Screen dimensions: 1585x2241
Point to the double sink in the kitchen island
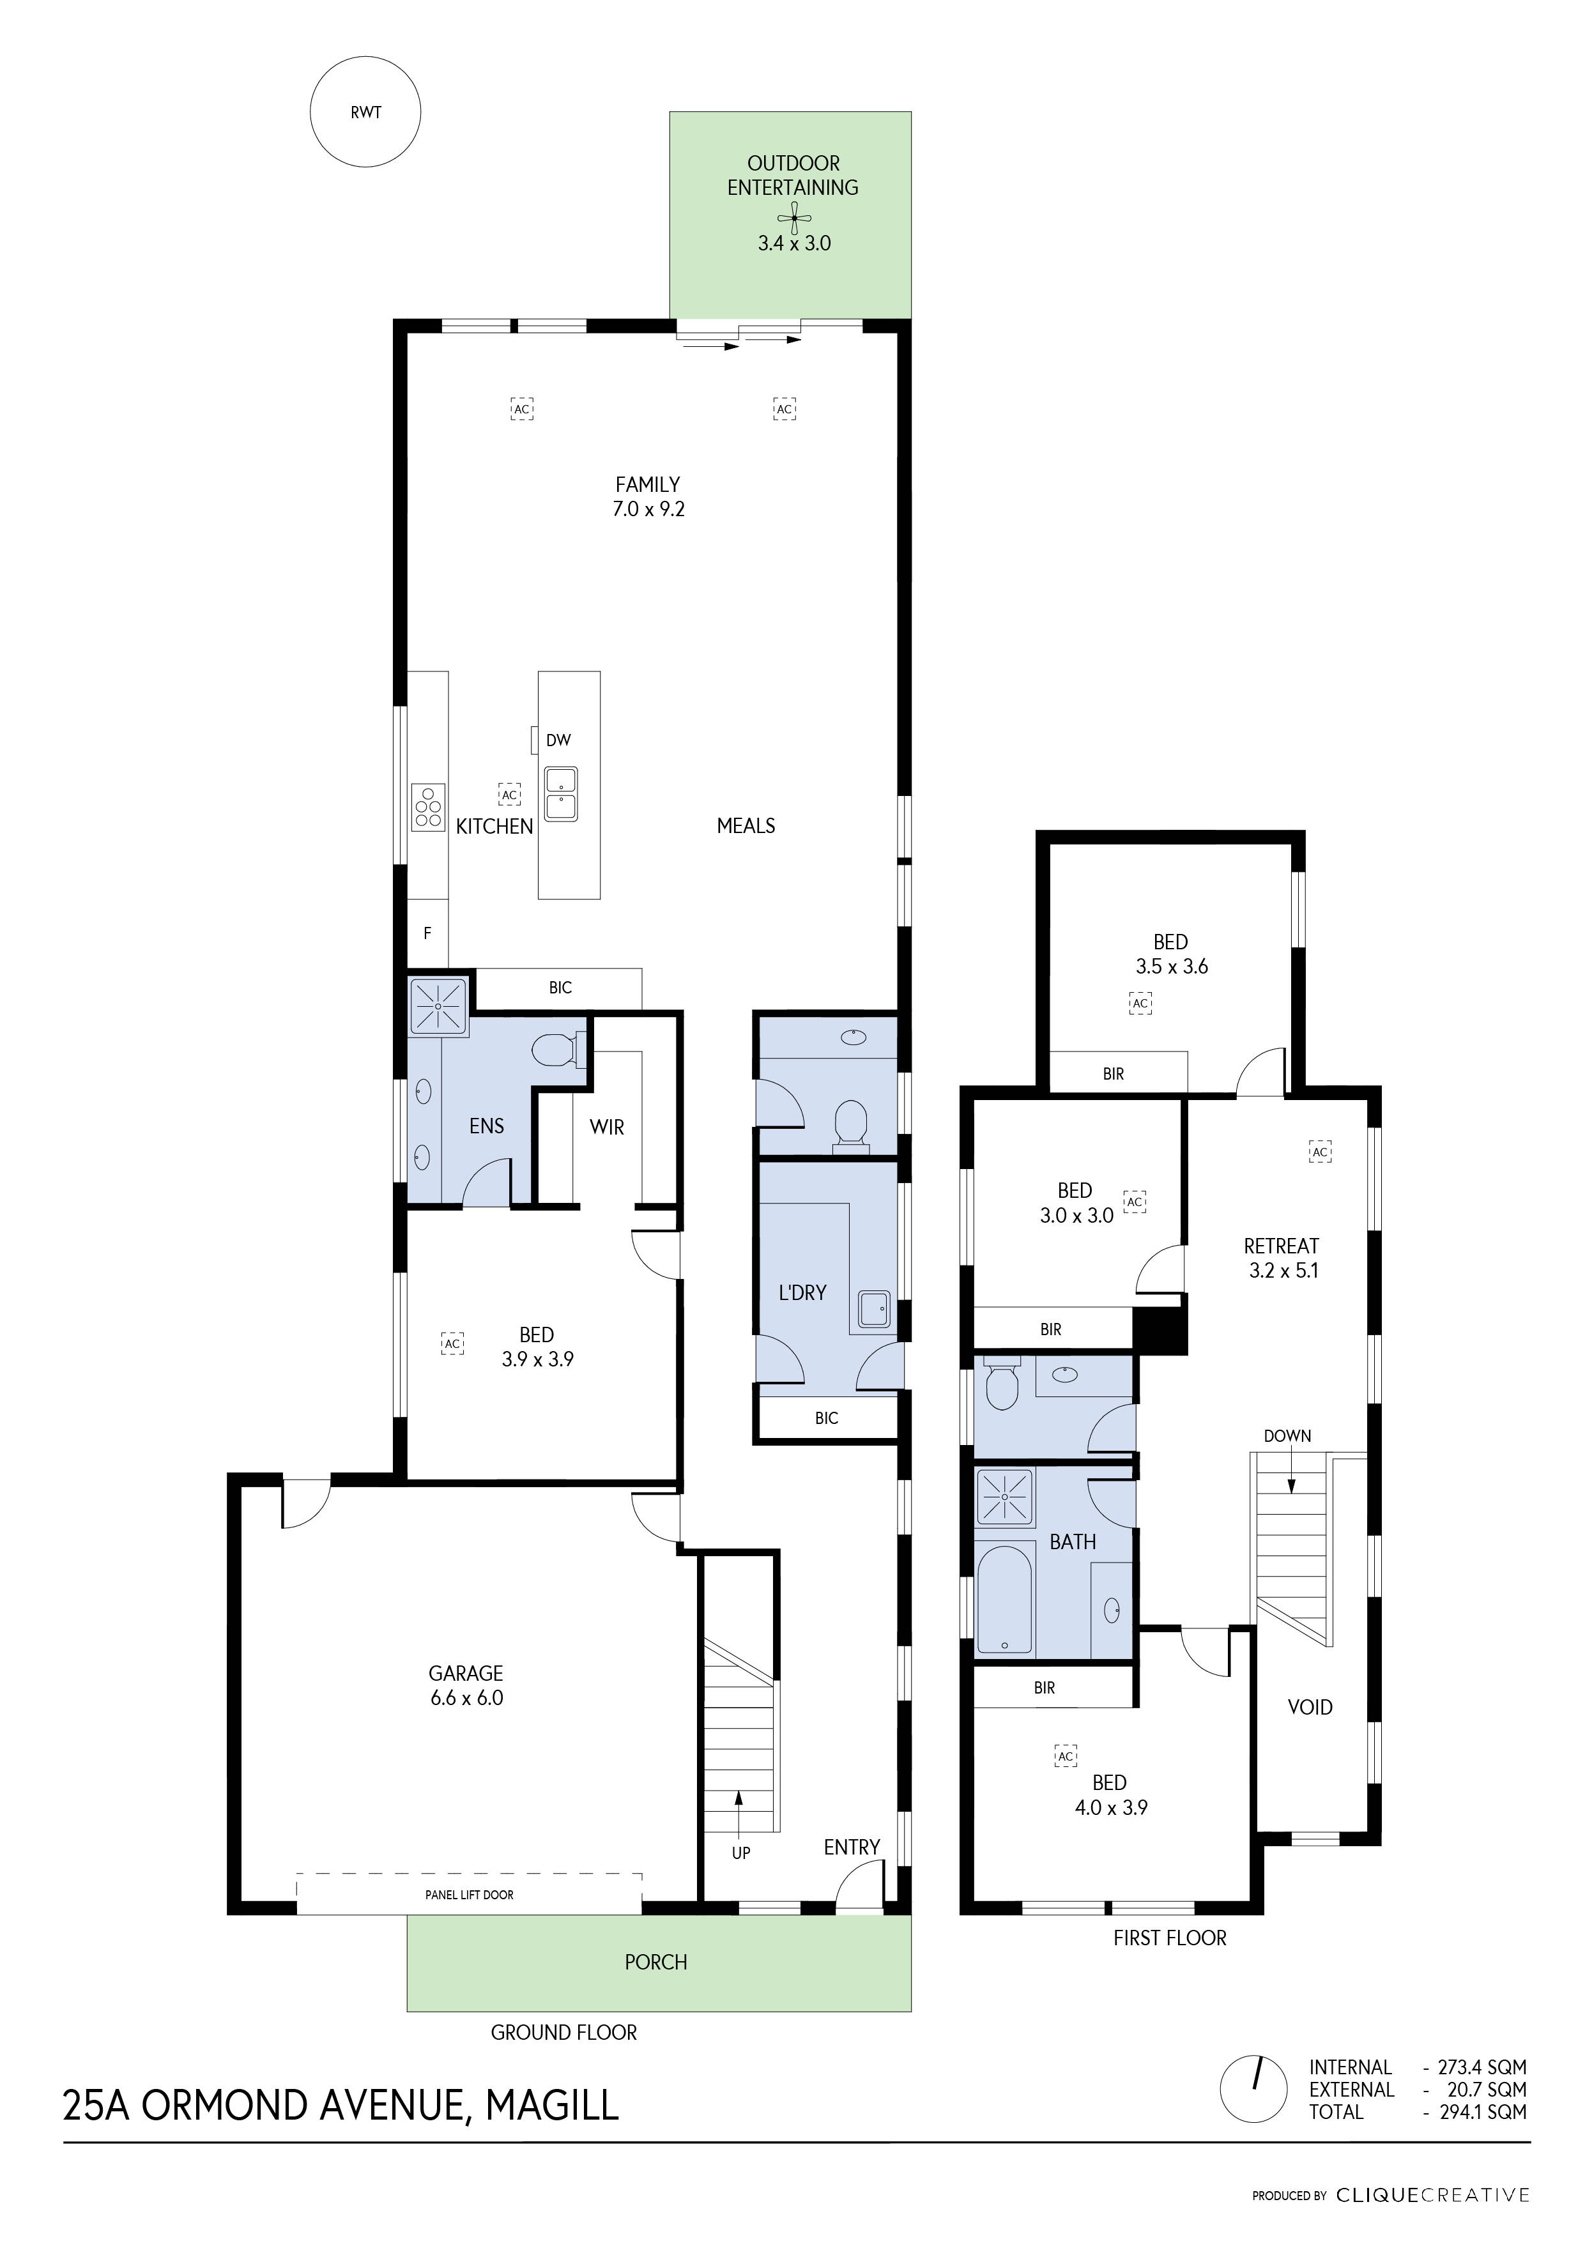point(560,793)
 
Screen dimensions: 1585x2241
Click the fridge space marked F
point(427,933)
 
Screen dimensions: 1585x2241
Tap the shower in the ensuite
point(438,1006)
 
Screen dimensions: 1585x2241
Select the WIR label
point(606,1128)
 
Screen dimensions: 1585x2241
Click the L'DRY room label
point(802,1292)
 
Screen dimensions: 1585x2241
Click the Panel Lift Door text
point(470,1895)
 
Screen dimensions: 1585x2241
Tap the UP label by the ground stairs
point(741,1853)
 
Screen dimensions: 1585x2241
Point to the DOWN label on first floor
point(1287,1436)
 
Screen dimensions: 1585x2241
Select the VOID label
point(1310,1707)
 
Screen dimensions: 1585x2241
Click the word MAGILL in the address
point(553,2106)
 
